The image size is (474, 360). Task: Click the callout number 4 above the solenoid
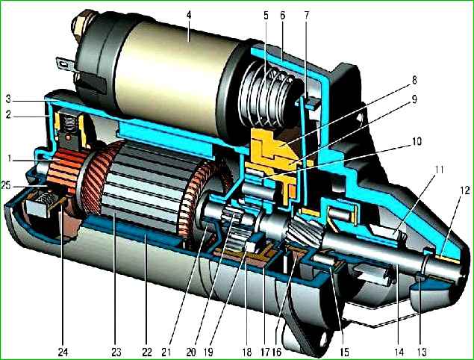(189, 16)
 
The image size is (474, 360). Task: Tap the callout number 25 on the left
(7, 184)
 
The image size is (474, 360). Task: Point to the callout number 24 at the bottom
(63, 352)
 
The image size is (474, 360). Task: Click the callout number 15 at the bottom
(344, 352)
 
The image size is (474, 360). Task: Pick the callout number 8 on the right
(414, 80)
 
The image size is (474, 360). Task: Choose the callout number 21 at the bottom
(166, 352)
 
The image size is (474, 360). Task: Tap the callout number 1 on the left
(10, 158)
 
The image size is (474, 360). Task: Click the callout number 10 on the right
(417, 142)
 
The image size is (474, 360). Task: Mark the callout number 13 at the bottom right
(422, 352)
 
